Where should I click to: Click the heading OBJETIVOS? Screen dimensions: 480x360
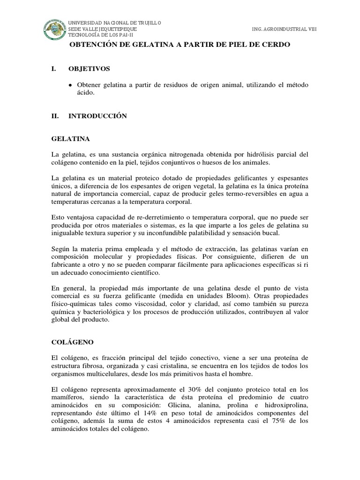coord(90,69)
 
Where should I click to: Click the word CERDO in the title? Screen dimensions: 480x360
coord(277,45)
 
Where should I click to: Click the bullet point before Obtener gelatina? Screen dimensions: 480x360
coord(70,85)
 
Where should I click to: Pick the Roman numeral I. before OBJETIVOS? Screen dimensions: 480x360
coord(53,69)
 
